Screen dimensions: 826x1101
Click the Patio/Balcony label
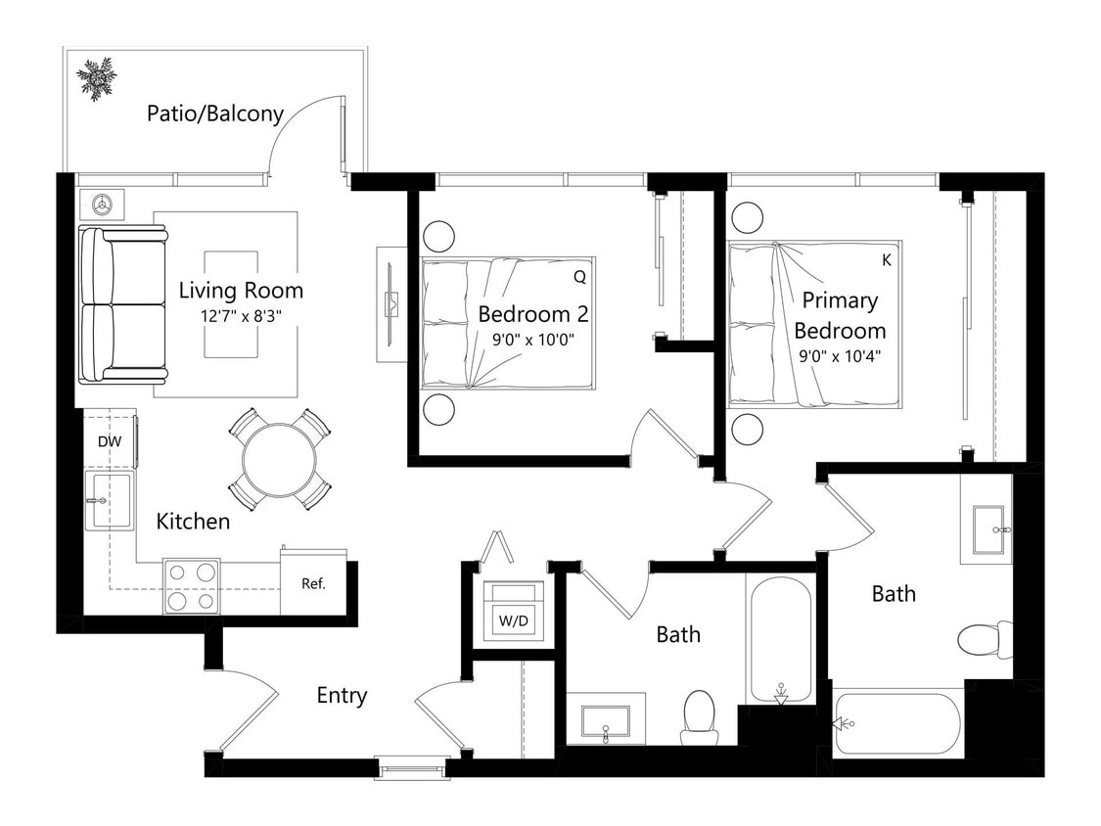point(214,114)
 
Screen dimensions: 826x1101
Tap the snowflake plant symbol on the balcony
point(97,78)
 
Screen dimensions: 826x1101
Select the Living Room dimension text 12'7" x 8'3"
point(241,315)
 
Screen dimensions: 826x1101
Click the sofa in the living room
point(121,304)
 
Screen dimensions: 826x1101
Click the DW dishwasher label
point(110,442)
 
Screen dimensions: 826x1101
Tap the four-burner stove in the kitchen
point(191,585)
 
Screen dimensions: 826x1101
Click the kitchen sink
point(108,501)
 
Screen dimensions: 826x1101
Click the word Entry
point(342,696)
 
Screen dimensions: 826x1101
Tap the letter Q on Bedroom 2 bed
point(579,277)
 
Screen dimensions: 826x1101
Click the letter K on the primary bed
point(887,260)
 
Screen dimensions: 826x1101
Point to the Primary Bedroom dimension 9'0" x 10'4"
point(840,356)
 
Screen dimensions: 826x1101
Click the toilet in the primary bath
point(984,639)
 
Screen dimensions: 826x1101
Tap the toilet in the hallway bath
point(699,716)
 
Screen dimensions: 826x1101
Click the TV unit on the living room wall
point(391,304)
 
